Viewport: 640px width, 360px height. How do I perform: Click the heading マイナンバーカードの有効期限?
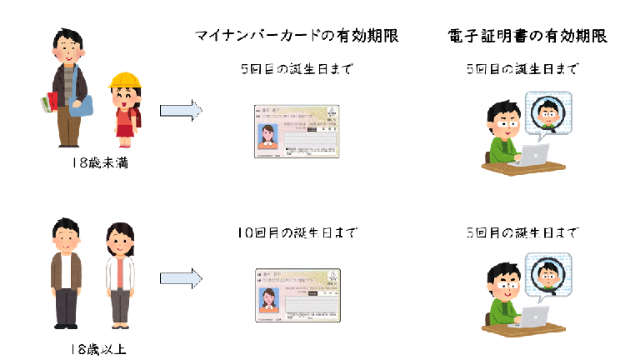[x=296, y=36]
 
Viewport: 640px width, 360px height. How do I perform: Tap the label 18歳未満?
[x=99, y=163]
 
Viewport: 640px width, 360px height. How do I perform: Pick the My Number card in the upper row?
[x=296, y=132]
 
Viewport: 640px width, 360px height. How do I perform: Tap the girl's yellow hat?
[x=125, y=82]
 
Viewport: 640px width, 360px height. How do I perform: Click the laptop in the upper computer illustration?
[x=532, y=155]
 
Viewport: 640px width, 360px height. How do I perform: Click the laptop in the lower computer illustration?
[x=532, y=317]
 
